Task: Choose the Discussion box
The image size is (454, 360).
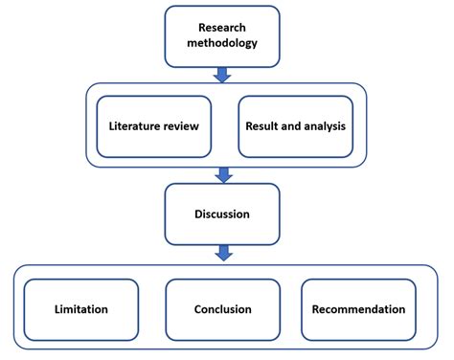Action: (x=222, y=214)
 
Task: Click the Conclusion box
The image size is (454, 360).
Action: (x=222, y=309)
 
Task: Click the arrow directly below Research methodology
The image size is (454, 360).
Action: (x=222, y=74)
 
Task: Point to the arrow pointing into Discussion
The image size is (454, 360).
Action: (x=222, y=173)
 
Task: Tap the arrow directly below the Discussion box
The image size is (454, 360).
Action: (x=222, y=253)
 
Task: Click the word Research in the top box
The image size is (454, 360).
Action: (x=222, y=28)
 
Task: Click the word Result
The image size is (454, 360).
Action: (x=264, y=126)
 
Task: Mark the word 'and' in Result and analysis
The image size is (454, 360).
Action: (x=290, y=126)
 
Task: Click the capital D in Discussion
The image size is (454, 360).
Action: (x=195, y=214)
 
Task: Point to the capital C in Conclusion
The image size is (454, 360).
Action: (x=195, y=309)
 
